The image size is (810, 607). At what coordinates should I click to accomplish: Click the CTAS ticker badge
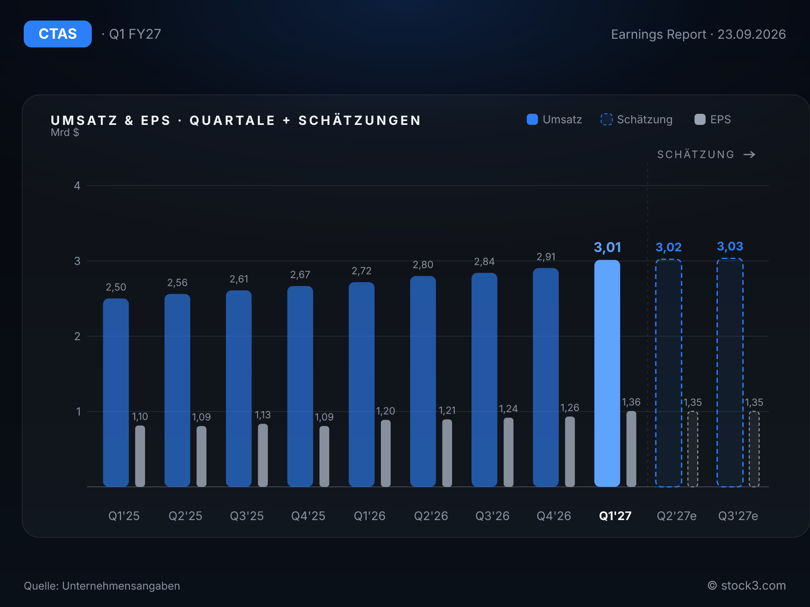(x=58, y=34)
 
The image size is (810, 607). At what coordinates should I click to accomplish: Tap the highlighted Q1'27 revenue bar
(x=607, y=373)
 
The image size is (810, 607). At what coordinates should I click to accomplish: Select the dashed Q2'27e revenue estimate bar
(x=668, y=373)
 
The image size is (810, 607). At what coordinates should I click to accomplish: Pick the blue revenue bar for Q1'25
(x=116, y=392)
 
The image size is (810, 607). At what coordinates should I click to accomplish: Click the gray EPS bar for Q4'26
(x=570, y=452)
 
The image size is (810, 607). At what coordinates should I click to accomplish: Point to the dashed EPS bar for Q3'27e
(x=754, y=449)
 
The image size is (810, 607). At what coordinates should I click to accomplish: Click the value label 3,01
(x=607, y=247)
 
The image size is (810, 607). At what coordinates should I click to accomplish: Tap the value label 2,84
(x=484, y=262)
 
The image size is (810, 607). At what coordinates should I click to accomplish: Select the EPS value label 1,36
(x=631, y=402)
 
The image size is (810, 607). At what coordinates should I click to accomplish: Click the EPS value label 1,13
(x=263, y=415)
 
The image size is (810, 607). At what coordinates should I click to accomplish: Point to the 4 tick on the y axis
(x=77, y=186)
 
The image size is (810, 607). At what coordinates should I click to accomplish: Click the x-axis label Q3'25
(x=247, y=516)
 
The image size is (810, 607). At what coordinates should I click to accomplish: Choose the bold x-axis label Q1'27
(x=615, y=516)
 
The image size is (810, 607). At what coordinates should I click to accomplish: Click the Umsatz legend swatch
(x=532, y=119)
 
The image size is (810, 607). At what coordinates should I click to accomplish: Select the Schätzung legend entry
(x=636, y=119)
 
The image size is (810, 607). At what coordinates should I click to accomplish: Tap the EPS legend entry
(x=713, y=119)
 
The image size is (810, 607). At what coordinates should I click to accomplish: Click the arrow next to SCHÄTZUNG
(x=749, y=155)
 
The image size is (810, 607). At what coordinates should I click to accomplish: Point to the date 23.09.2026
(x=751, y=34)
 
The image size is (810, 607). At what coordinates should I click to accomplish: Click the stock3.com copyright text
(x=747, y=586)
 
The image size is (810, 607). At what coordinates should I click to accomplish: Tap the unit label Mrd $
(x=65, y=132)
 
